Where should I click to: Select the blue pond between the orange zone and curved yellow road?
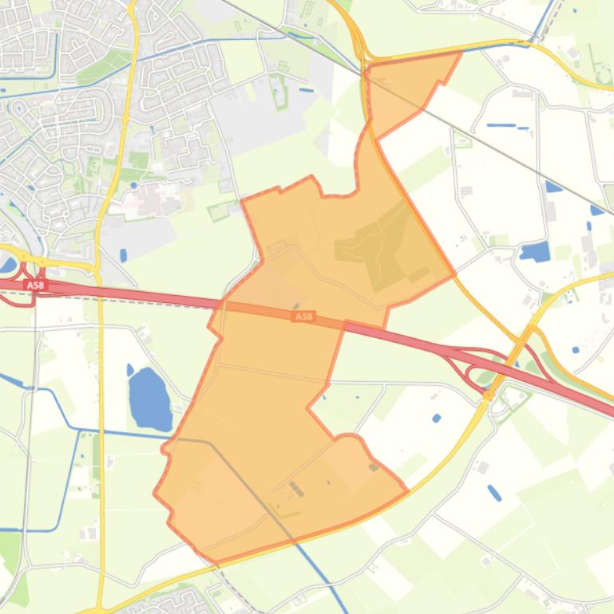(436, 418)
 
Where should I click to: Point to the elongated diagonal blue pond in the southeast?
(494, 493)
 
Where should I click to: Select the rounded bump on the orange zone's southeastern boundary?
(348, 438)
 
